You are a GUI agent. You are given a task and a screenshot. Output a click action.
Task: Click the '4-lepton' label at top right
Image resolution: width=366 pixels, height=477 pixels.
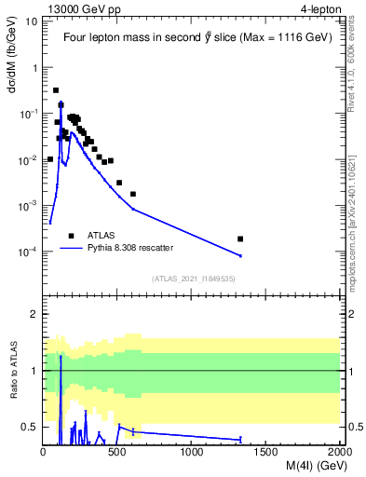(319, 8)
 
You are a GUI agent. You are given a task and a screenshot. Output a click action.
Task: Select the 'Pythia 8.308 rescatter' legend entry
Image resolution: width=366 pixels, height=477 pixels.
(130, 249)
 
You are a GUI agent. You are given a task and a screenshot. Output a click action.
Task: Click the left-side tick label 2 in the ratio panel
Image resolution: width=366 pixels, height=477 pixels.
(34, 315)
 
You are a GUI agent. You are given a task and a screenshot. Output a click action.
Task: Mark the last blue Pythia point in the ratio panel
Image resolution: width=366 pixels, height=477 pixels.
(240, 439)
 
